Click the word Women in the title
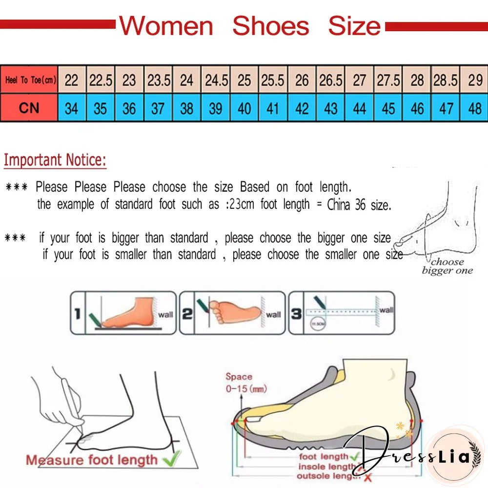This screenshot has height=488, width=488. [x=166, y=26]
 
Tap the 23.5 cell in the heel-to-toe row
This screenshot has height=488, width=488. [x=158, y=80]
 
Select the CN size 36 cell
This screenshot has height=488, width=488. [x=129, y=108]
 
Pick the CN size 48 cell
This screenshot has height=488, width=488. [x=475, y=108]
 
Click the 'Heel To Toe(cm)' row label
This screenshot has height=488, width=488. [x=29, y=80]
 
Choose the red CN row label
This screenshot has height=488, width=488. [x=29, y=108]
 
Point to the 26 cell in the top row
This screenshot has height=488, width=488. [x=302, y=80]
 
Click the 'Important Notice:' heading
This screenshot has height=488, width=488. [x=55, y=160]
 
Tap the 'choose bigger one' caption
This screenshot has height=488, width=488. [x=447, y=266]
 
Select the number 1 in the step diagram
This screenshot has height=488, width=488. [x=77, y=314]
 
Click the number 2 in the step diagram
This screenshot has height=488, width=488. [x=187, y=314]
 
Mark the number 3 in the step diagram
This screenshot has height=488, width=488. [x=296, y=314]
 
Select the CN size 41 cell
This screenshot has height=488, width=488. [x=273, y=108]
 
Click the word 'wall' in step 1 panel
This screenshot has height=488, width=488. [x=165, y=314]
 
